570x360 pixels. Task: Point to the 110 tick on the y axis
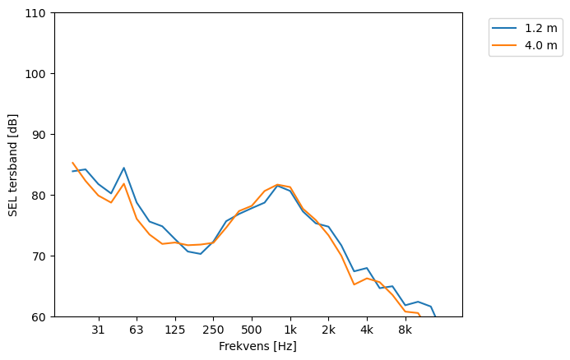(39, 13)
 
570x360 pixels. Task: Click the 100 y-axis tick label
(39, 74)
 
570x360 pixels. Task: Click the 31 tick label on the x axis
(99, 330)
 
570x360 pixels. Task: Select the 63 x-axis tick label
(137, 330)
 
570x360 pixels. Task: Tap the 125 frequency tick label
(175, 330)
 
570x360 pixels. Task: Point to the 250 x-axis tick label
(213, 330)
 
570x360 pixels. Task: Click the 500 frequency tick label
(252, 330)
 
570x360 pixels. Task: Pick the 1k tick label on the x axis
(290, 330)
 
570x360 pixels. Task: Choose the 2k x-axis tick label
(328, 330)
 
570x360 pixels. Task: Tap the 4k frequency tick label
(367, 330)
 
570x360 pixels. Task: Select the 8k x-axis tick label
(405, 330)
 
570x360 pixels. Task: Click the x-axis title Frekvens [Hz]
(257, 347)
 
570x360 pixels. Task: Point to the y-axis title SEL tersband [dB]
(13, 165)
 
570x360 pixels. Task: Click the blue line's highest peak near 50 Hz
(124, 168)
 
